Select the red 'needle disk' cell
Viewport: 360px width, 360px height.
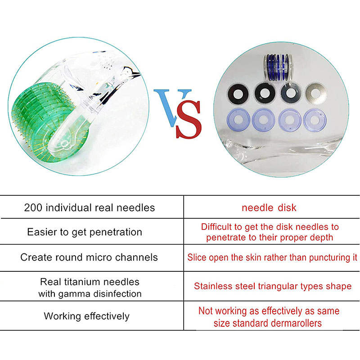(269, 208)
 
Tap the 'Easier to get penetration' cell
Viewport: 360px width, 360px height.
(85, 232)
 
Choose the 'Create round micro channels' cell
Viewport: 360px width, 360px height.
(89, 257)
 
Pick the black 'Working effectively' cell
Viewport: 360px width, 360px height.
(86, 316)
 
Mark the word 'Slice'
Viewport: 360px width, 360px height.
(196, 258)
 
